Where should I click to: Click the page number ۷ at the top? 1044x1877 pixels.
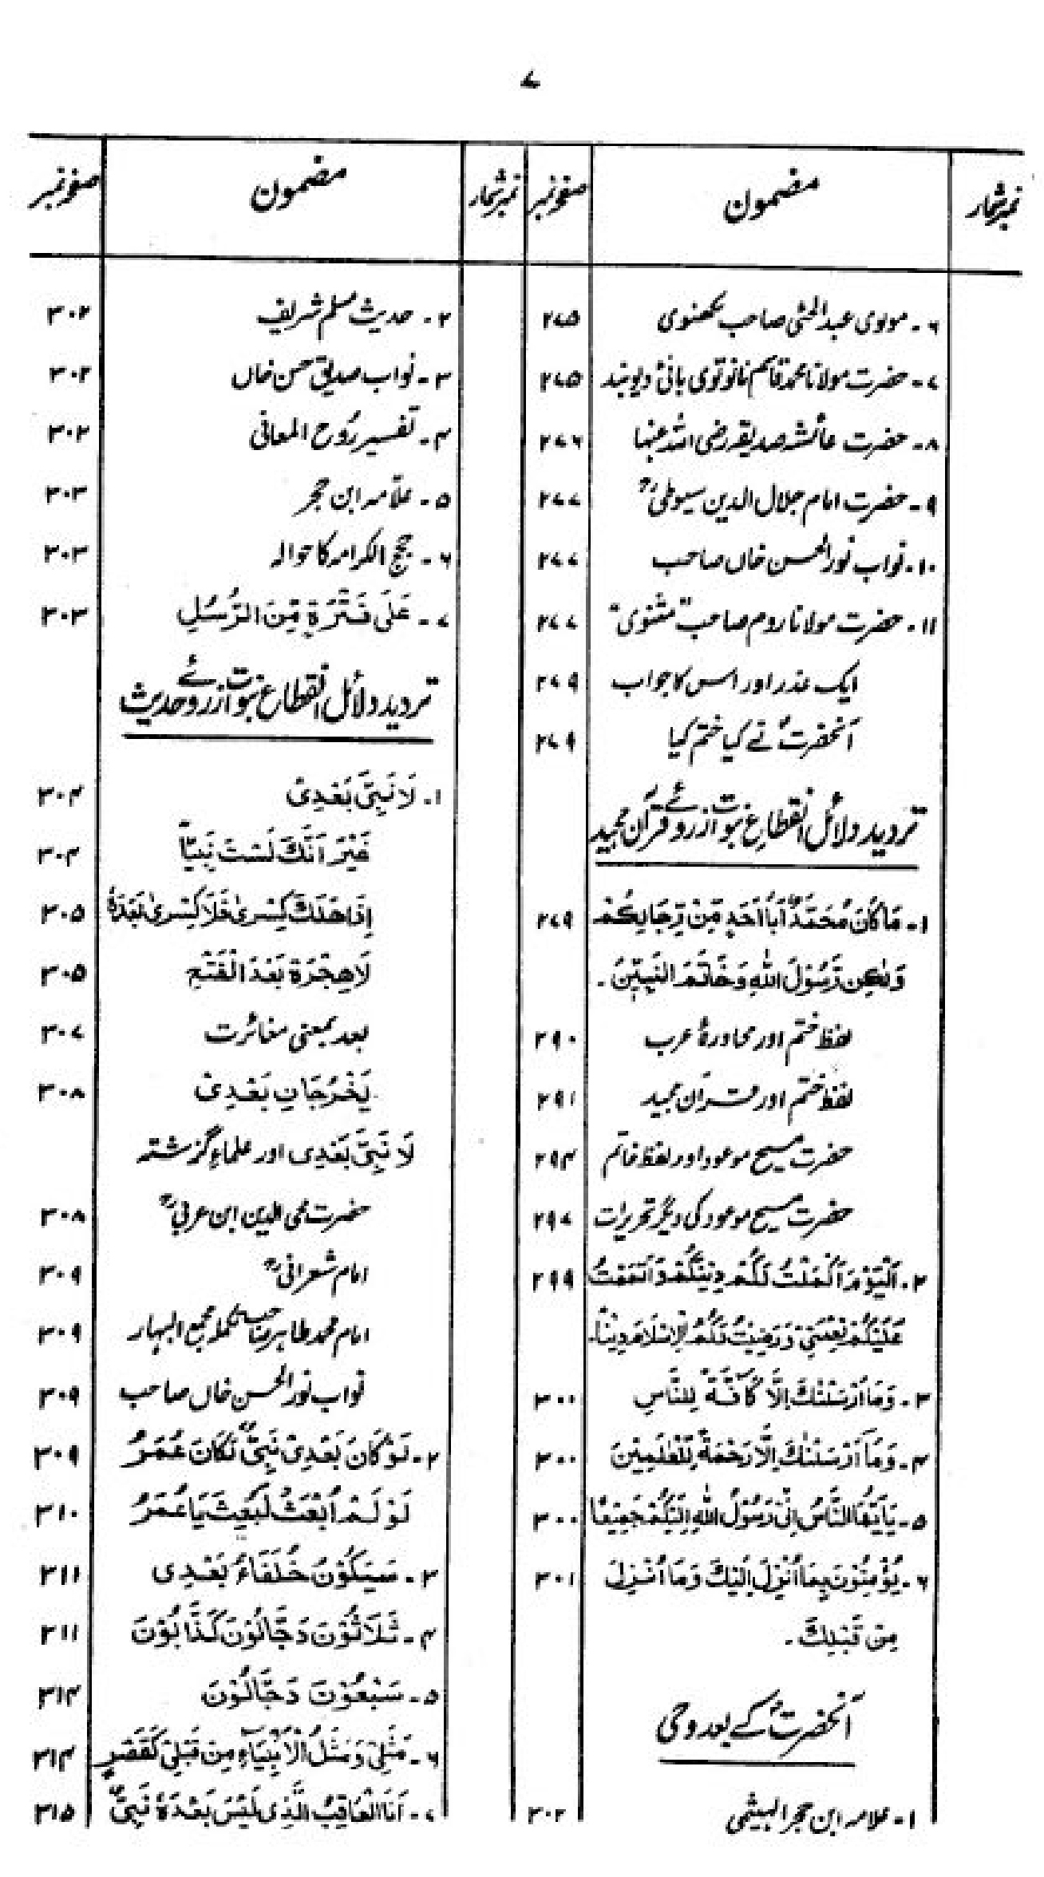point(527,82)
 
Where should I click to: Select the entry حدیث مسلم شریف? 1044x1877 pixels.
point(351,319)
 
